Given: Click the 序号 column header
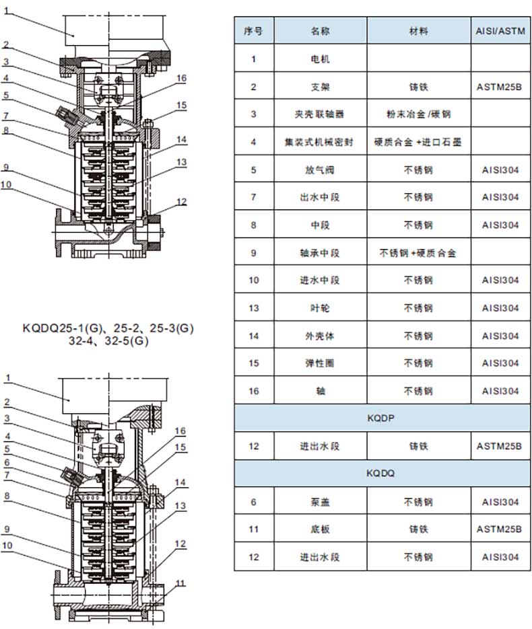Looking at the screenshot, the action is click(253, 31).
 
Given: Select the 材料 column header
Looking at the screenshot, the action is click(418, 31).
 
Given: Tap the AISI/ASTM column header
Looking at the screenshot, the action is click(500, 31).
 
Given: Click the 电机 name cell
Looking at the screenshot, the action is click(320, 59).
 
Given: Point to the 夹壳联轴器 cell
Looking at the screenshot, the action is click(320, 114).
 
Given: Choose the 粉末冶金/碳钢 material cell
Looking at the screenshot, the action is click(418, 114).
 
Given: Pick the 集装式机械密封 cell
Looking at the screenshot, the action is click(320, 142).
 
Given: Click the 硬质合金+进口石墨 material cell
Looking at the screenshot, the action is click(418, 142).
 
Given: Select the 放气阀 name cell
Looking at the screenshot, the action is click(320, 170).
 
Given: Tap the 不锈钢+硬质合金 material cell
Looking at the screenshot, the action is click(418, 253).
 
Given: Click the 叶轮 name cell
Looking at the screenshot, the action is click(320, 308).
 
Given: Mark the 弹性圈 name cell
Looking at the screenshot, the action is click(320, 363).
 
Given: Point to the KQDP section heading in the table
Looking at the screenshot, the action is click(381, 418).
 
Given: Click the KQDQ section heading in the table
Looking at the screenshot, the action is click(380, 474).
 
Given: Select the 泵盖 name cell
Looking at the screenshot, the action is click(320, 502).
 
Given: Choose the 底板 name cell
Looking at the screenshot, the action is click(320, 529).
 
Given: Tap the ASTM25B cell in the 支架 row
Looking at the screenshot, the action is click(499, 87).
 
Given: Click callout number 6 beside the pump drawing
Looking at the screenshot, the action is click(7, 462).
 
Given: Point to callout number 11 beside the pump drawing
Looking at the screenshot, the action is click(180, 583).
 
